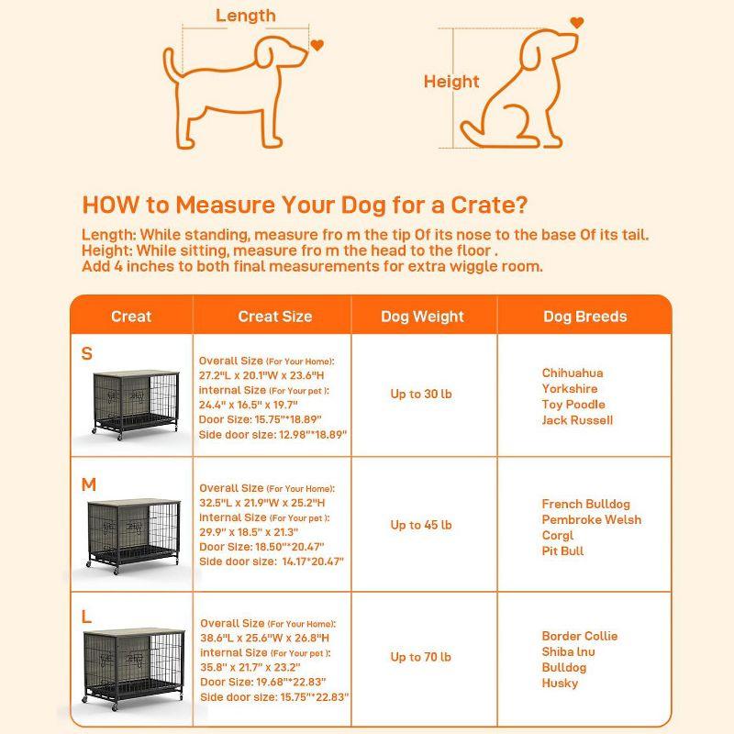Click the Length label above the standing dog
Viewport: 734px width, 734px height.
(245, 16)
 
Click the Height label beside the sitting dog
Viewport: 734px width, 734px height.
(451, 82)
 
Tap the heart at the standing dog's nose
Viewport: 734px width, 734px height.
(317, 43)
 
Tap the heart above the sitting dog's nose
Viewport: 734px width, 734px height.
(575, 21)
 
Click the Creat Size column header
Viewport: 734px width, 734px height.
(274, 317)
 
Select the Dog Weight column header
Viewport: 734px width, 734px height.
(423, 317)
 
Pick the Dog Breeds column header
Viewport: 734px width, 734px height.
(584, 317)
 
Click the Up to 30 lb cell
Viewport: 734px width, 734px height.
(421, 395)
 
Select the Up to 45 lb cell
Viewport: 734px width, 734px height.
(421, 525)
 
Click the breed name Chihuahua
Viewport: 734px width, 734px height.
(573, 373)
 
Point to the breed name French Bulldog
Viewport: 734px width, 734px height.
(585, 505)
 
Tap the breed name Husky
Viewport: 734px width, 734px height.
(560, 683)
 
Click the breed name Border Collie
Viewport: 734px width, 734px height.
(579, 636)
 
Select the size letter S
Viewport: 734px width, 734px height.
(87, 354)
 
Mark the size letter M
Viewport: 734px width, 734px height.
(88, 485)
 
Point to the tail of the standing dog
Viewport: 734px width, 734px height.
(172, 64)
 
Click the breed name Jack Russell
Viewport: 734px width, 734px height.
(577, 420)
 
